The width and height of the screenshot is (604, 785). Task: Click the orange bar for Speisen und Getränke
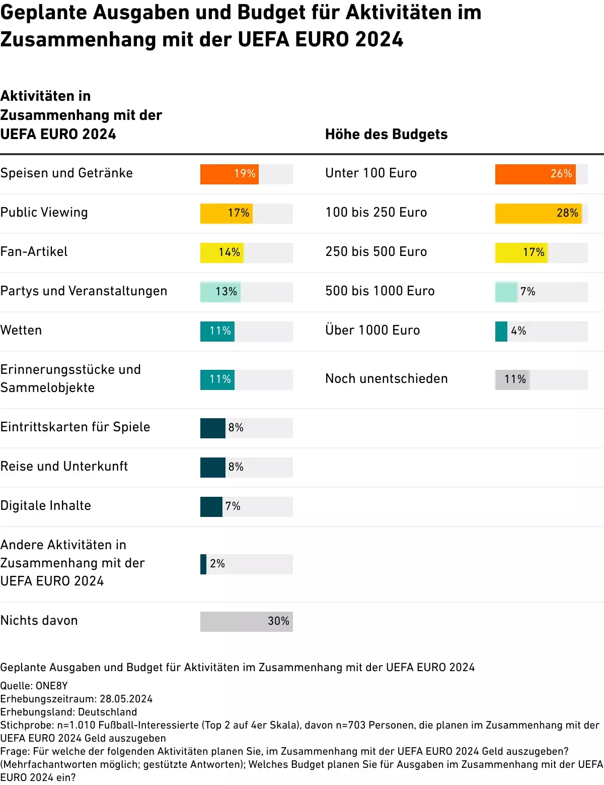point(229,174)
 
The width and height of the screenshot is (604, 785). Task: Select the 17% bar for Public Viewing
point(226,213)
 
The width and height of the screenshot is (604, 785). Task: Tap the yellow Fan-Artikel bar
point(221,252)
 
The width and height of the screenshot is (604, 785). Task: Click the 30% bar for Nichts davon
point(246,621)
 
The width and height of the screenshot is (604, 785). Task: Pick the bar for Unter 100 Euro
point(535,174)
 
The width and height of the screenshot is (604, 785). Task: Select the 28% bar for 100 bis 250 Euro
point(538,213)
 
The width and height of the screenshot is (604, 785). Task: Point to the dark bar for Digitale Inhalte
point(211,506)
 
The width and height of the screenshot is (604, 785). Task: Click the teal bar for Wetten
point(217,331)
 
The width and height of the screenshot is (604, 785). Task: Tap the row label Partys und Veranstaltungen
point(84,291)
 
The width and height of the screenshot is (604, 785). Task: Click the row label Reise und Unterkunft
point(64,467)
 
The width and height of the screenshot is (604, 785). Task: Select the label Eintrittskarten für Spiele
point(75,427)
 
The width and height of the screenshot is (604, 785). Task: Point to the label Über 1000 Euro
point(372,331)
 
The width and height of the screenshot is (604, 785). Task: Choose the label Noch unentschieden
point(386,379)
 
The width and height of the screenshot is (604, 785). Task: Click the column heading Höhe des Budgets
point(386,135)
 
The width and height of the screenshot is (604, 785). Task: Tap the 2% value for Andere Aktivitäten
point(217,564)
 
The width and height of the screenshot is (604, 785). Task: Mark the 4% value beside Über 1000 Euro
point(518,331)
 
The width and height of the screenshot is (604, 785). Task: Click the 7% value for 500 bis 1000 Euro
point(527,292)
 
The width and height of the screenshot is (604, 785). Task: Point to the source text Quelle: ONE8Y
point(34,686)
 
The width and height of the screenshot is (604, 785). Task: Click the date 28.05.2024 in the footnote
point(126,699)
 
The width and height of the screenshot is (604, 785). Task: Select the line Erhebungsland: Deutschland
point(68,712)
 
